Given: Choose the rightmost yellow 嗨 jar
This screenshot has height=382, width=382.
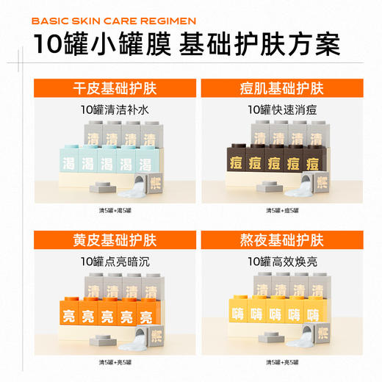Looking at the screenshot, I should point(313,314).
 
